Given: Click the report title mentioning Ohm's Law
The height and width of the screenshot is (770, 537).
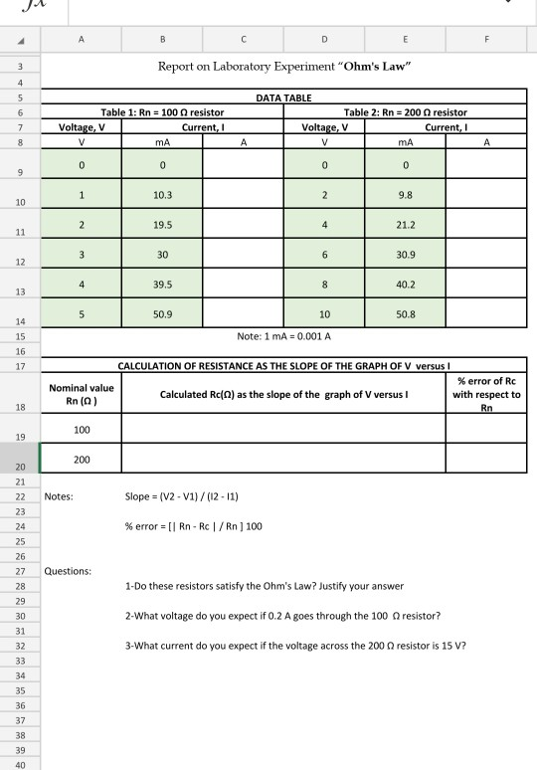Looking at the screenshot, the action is tap(285, 66).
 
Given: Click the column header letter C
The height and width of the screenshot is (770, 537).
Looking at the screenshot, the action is tap(243, 43).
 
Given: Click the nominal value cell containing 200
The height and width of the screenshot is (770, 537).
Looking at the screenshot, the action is tap(82, 459).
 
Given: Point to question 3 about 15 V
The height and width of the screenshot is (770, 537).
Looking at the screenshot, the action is tap(295, 644).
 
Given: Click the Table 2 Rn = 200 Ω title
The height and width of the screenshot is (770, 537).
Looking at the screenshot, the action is tap(406, 113).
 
